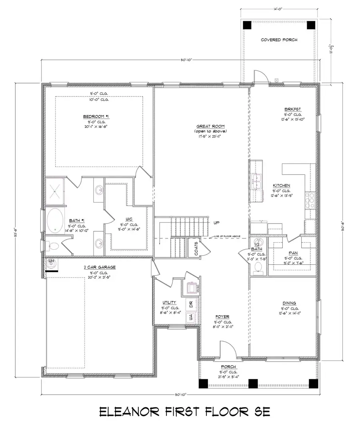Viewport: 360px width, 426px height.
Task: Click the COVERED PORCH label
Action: coord(279,40)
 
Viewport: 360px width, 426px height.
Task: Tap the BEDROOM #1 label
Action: coord(94,116)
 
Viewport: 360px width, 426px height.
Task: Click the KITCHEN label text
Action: coord(282,186)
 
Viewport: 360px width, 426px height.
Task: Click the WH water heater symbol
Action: coord(51,262)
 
